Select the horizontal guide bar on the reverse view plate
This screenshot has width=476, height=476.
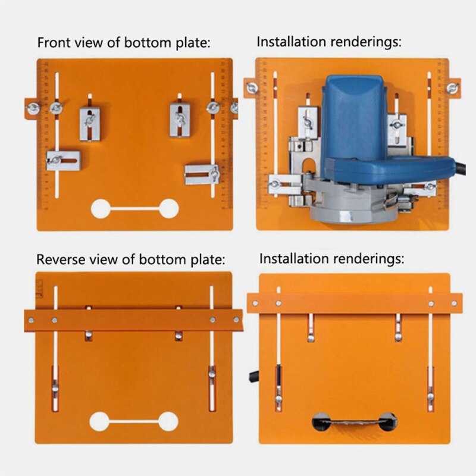click(133, 320)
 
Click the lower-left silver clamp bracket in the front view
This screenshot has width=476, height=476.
click(64, 160)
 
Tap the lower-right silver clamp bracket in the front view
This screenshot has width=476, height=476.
click(202, 174)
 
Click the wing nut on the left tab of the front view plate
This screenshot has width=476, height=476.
click(33, 108)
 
